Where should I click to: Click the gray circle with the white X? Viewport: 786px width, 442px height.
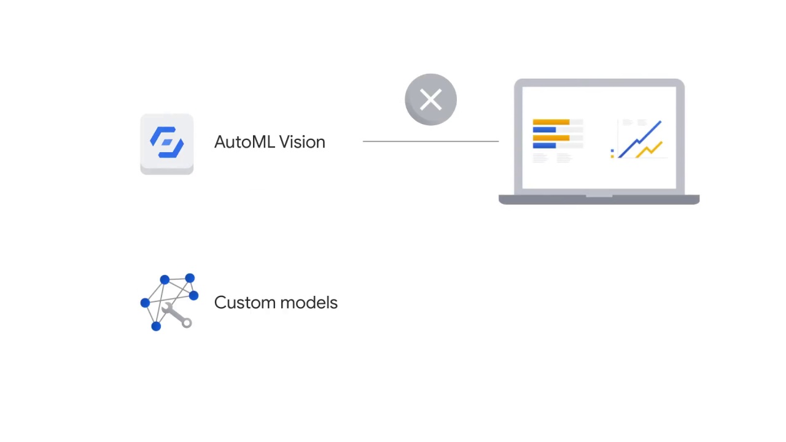430,99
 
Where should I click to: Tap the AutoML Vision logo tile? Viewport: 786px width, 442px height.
166,144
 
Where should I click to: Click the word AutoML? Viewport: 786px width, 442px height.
244,142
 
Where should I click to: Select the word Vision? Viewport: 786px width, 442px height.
302,142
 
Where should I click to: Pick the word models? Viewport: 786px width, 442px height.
311,303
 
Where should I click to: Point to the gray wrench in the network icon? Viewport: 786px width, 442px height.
178,316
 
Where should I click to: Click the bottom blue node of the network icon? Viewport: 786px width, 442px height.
156,327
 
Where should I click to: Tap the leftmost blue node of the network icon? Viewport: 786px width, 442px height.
145,303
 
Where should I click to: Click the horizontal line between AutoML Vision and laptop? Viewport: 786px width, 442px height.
430,141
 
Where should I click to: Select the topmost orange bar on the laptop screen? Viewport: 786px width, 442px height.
551,122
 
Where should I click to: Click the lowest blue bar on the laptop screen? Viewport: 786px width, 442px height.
544,145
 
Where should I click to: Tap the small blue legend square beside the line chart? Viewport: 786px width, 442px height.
612,150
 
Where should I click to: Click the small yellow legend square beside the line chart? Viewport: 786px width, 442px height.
612,156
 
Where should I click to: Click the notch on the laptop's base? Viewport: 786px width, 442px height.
599,196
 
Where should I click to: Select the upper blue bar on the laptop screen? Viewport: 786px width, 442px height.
544,130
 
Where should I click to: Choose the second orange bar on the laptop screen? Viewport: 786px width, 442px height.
551,138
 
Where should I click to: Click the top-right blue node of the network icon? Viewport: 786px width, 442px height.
190,279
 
